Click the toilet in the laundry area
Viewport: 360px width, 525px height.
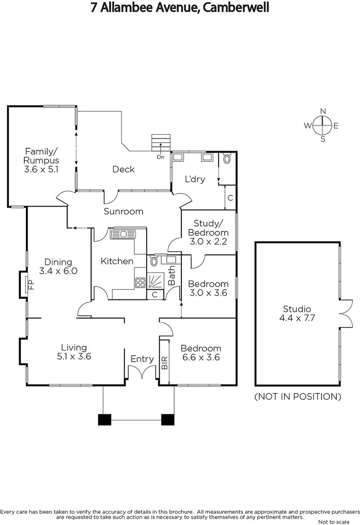(227, 158)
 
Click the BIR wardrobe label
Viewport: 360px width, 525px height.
(164, 362)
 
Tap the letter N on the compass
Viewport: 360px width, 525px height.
(323, 111)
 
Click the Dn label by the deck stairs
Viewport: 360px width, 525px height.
(161, 157)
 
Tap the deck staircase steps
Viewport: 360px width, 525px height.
(161, 143)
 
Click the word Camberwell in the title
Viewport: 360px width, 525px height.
(236, 8)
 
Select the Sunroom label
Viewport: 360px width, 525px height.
(124, 211)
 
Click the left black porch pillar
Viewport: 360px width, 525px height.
(104, 419)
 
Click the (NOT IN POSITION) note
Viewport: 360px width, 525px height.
(298, 397)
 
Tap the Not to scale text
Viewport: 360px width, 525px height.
(336, 522)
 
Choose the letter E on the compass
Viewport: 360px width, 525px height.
(336, 125)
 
